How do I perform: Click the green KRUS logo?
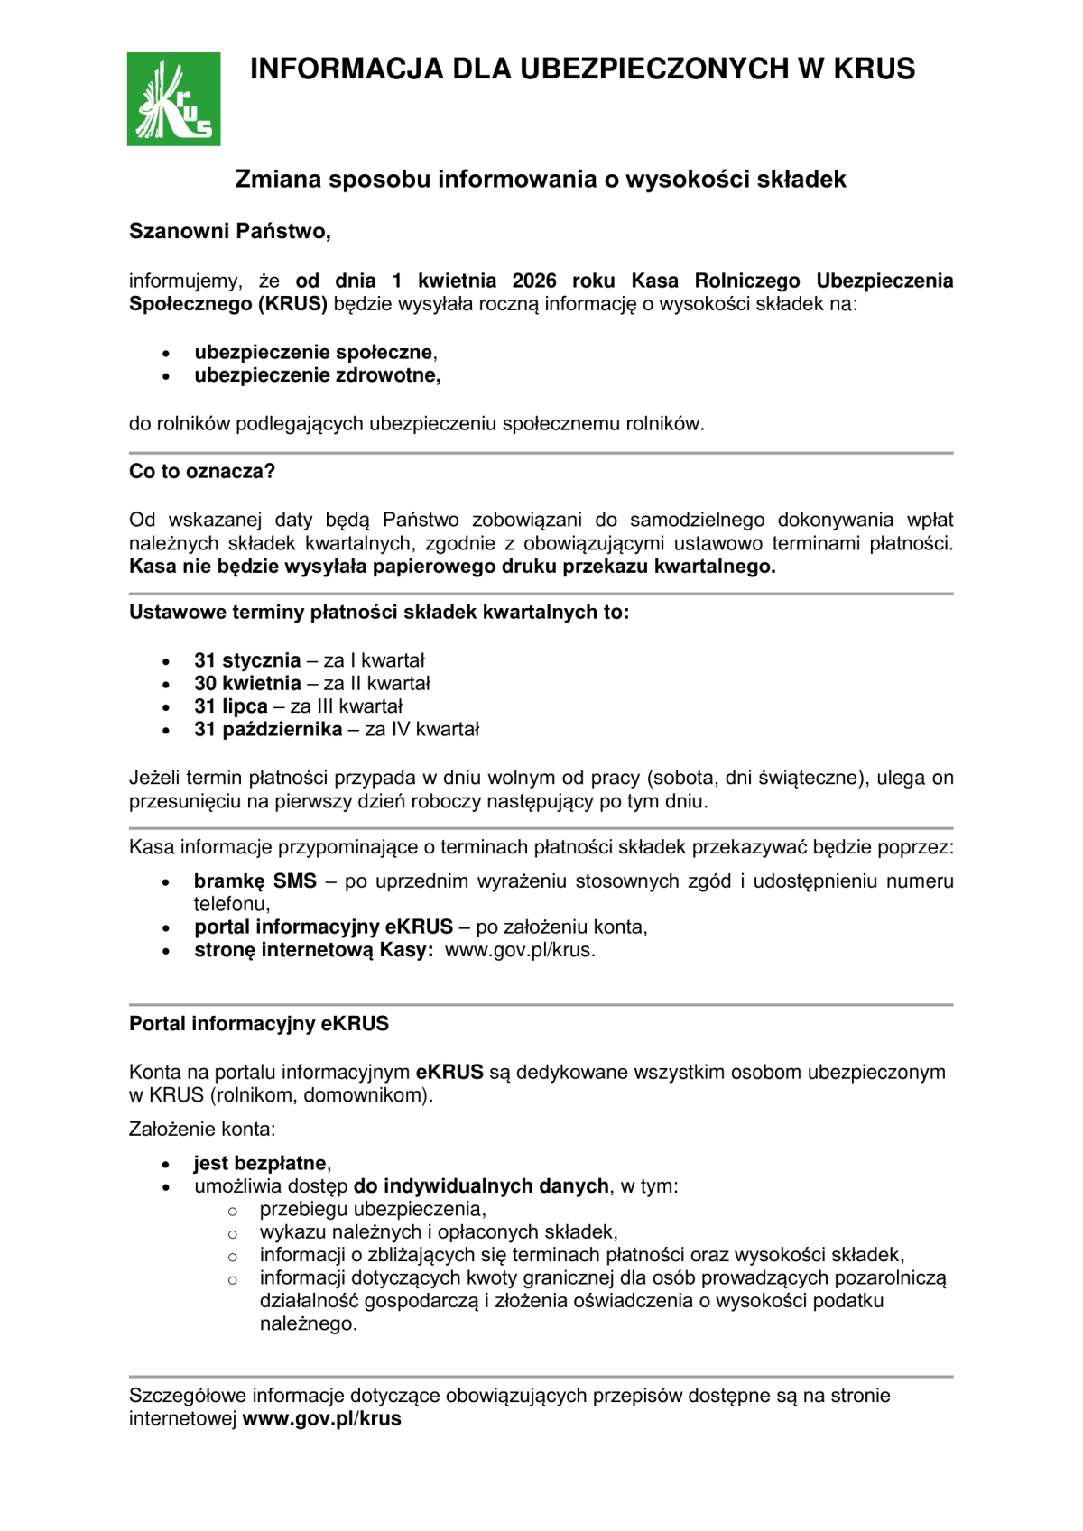173,99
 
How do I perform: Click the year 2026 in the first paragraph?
533,281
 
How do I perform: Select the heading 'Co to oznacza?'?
202,471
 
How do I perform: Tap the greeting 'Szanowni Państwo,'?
230,231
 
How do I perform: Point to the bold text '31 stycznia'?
247,660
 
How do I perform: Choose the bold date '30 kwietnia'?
247,683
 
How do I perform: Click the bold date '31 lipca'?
231,706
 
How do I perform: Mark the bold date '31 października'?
268,729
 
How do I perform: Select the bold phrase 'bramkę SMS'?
255,881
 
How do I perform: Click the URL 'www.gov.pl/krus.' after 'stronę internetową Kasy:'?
520,950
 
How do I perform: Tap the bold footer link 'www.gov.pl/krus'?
321,1418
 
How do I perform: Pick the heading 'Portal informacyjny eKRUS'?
259,1024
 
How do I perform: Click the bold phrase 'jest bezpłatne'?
260,1163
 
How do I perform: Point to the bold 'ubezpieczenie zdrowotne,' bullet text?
318,375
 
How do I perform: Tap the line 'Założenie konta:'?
202,1129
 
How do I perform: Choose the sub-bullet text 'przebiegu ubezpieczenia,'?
373,1209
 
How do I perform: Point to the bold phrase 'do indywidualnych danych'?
481,1185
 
